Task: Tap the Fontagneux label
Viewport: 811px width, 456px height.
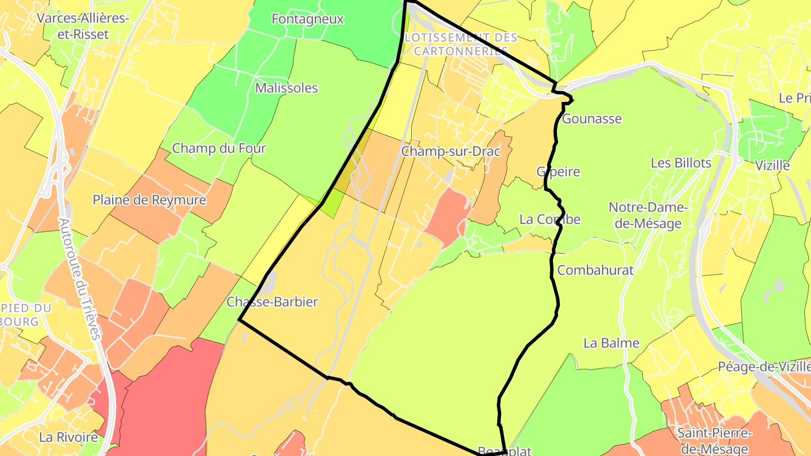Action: (308, 19)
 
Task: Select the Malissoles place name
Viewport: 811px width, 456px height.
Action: (286, 88)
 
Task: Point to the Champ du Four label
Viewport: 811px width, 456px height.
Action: (219, 149)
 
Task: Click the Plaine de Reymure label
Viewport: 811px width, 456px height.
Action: (149, 200)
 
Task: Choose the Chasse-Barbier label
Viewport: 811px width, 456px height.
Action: (272, 302)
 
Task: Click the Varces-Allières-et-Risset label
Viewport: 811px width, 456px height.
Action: (83, 26)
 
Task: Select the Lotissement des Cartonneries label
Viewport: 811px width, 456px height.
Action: (461, 44)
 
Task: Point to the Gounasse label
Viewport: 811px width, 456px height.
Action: (592, 119)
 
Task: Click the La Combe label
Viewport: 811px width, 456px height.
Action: (550, 220)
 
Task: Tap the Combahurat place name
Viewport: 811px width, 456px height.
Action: (595, 270)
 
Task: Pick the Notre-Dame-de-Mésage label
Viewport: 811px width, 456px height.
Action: (648, 216)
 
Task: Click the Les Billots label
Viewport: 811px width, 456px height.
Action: (681, 163)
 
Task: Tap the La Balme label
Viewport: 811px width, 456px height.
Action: (611, 343)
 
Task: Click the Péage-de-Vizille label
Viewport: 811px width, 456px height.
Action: (764, 366)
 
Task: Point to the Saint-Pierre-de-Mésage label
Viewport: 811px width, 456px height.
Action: (714, 441)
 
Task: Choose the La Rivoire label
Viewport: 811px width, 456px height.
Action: (68, 437)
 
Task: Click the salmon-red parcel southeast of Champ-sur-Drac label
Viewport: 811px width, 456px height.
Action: (448, 217)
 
